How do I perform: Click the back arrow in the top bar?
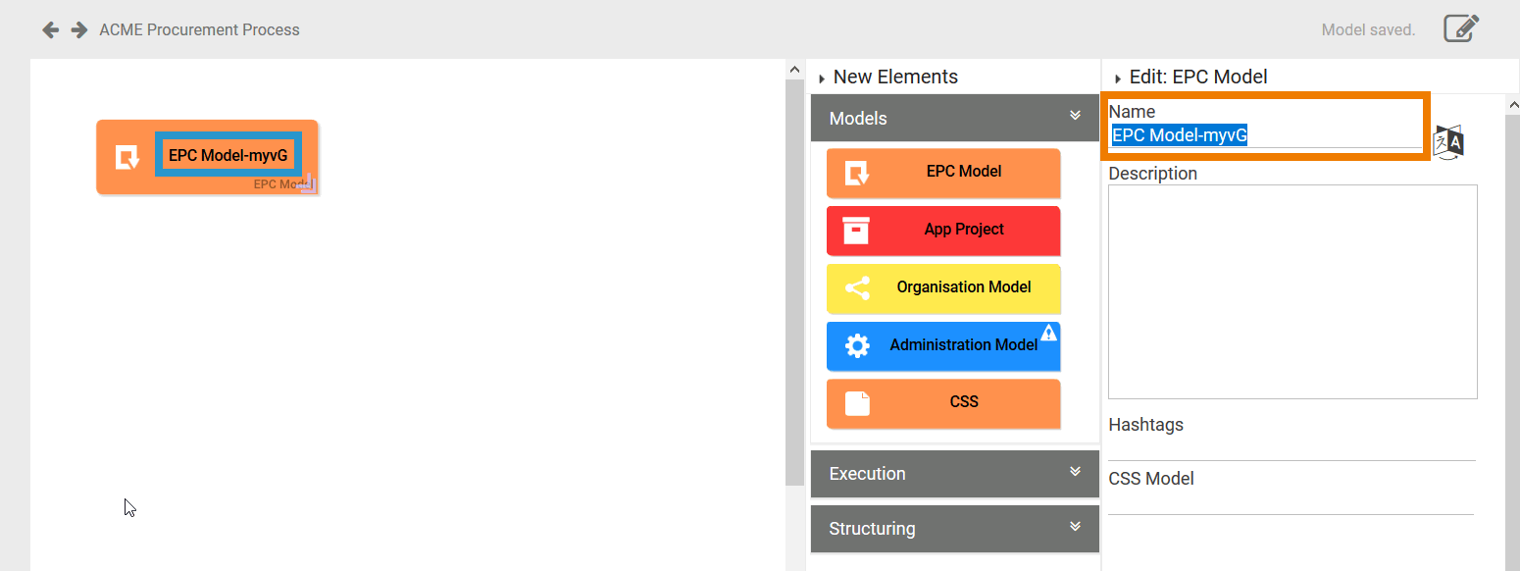[50, 29]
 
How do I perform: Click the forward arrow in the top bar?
[79, 29]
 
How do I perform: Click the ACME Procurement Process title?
[199, 29]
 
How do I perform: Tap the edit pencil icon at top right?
[1460, 28]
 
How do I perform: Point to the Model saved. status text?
[1368, 29]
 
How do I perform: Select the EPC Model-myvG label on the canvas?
[228, 155]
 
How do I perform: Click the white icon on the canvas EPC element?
[127, 157]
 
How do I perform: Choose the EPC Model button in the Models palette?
[943, 173]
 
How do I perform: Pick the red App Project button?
[943, 231]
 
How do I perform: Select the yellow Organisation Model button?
[943, 288]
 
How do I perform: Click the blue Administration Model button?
[943, 345]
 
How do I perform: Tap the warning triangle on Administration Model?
[1048, 333]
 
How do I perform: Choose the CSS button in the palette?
[943, 403]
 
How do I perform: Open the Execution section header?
[954, 474]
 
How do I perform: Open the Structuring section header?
[954, 529]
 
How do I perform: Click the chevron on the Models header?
[1075, 116]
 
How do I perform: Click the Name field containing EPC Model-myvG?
[1265, 136]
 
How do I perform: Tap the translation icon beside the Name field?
[1448, 142]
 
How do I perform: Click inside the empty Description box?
[1292, 291]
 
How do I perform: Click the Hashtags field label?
[1145, 425]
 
